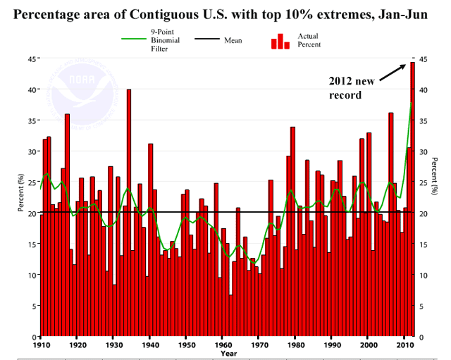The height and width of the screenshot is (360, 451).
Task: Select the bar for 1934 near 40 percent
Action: coord(129,211)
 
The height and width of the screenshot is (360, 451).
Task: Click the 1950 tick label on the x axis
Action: coord(187,346)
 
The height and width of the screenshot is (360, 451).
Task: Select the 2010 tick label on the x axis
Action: coord(404,346)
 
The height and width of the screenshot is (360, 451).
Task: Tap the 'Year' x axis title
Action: coord(228,354)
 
